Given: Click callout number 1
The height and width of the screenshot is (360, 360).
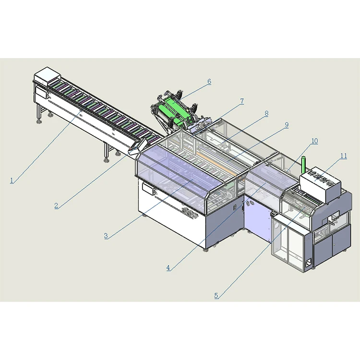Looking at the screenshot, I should [12, 180].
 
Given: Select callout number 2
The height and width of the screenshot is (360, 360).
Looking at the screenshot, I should [56, 205].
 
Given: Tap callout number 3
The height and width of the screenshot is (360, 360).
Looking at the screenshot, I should [106, 236].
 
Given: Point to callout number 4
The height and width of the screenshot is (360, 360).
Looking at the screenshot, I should [168, 268].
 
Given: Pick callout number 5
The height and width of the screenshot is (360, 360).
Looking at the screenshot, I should [216, 296].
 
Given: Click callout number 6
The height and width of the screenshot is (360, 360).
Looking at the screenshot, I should [209, 82].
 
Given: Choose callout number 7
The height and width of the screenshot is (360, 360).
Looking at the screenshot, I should [242, 101].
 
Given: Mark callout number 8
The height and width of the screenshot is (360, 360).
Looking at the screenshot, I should [266, 114].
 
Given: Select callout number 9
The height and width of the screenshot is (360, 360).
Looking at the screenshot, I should [287, 125].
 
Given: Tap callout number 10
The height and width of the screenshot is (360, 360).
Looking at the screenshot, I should [314, 141].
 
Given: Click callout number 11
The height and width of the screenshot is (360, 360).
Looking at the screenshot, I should [343, 156].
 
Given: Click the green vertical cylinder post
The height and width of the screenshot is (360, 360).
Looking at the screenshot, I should [303, 166].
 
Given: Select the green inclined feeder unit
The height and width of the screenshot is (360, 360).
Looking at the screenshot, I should [175, 113].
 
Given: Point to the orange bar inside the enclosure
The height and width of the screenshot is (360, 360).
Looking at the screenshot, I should [216, 158].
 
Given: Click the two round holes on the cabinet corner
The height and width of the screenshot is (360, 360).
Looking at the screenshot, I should [248, 204].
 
